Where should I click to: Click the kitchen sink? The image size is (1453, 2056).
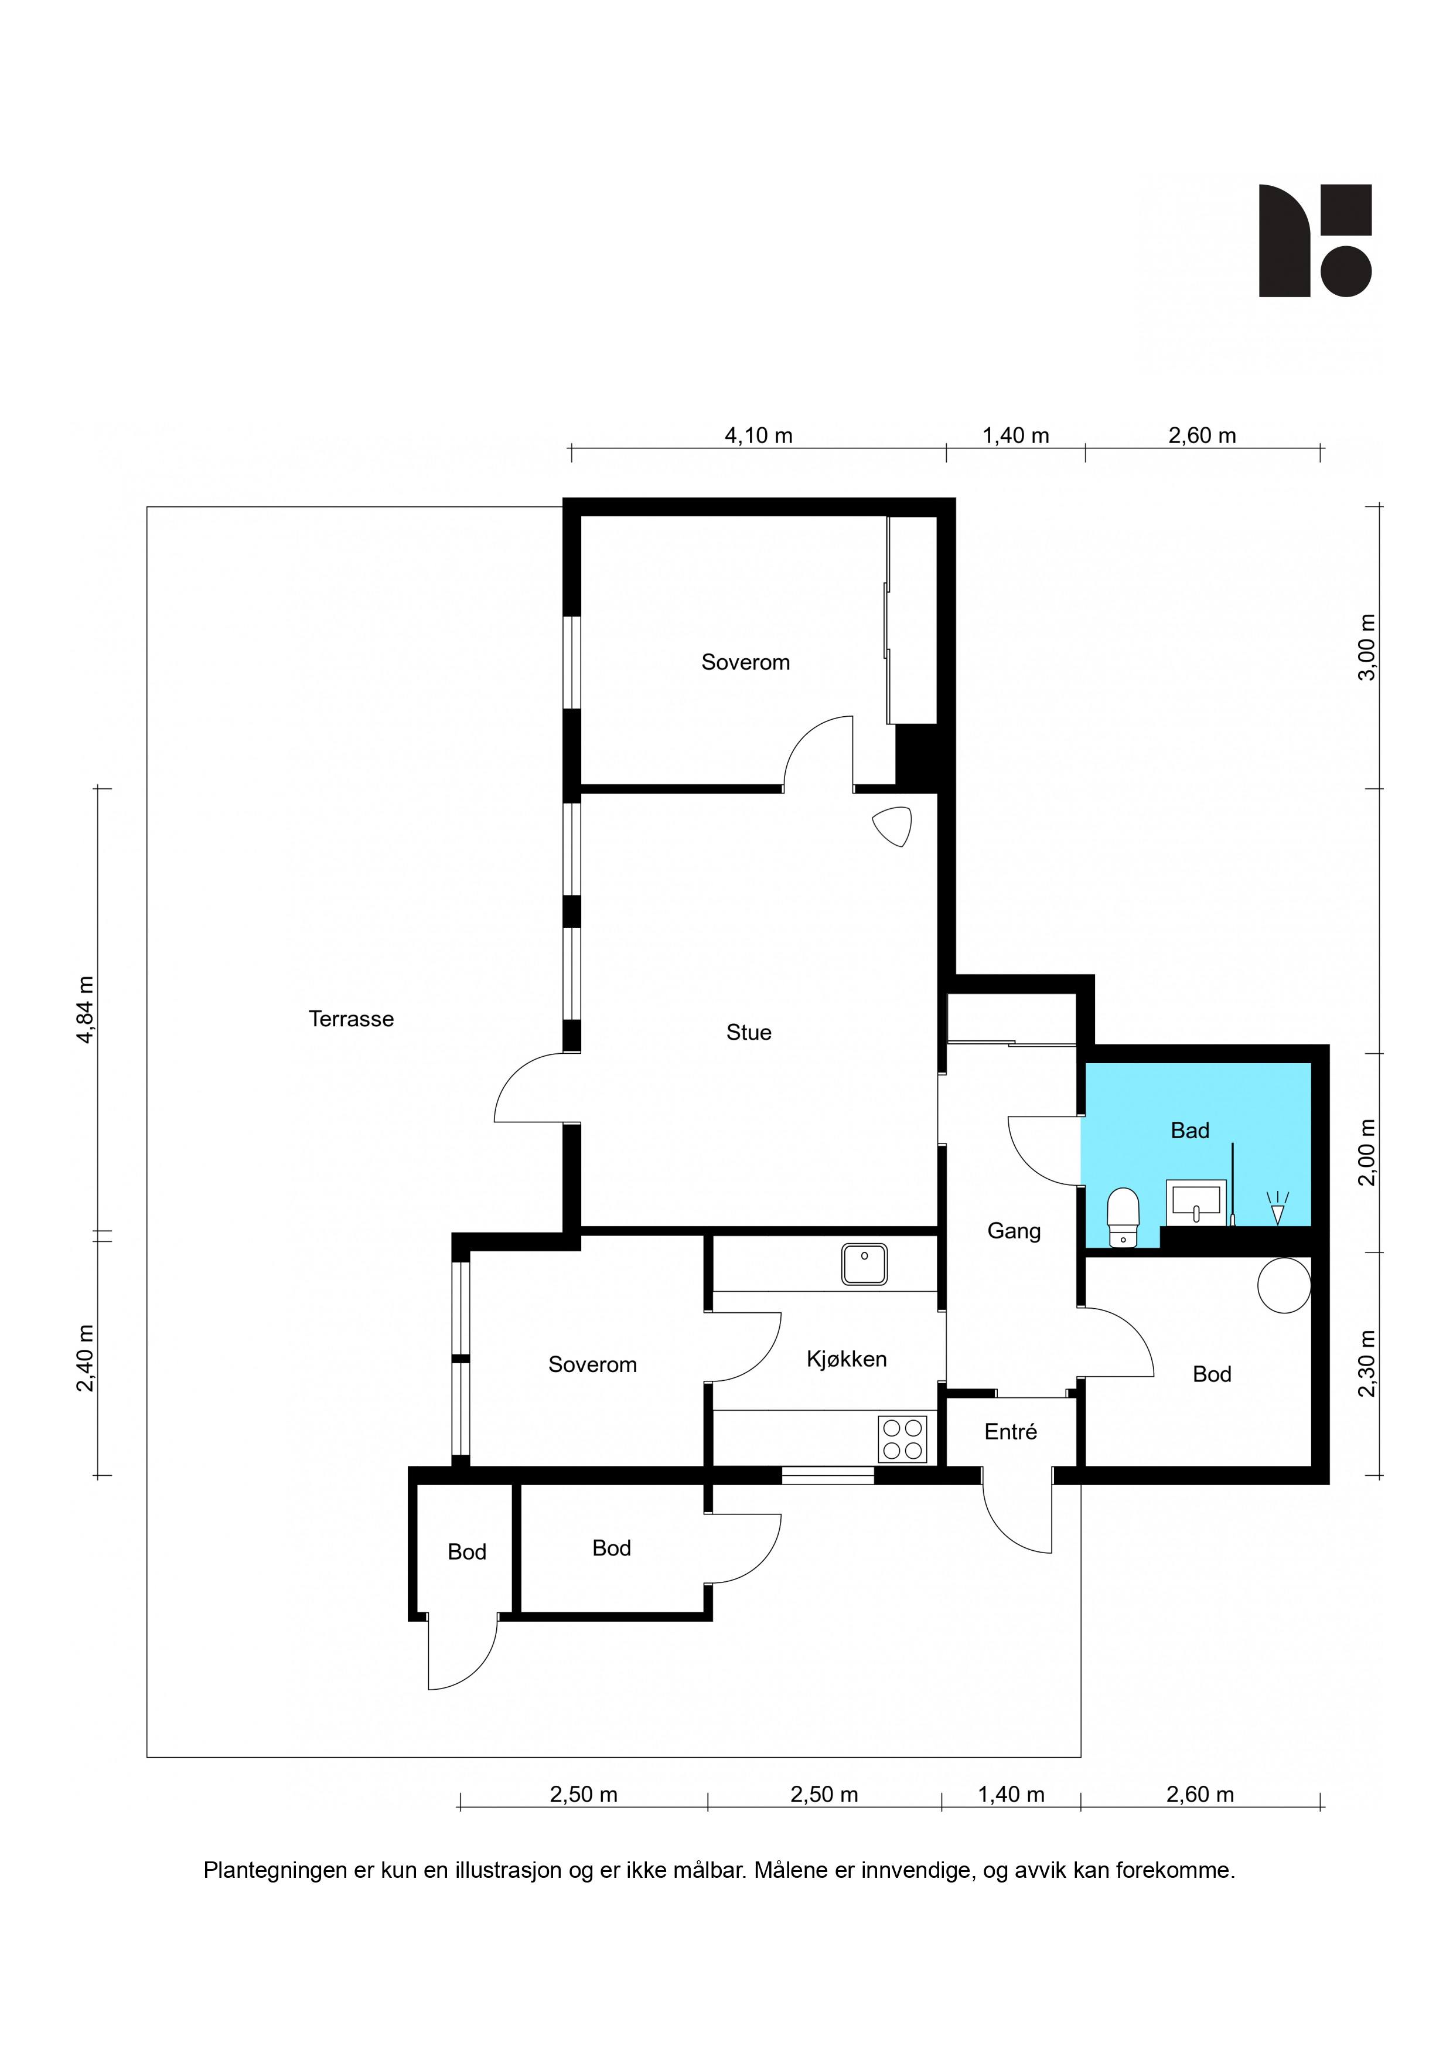click(x=864, y=1264)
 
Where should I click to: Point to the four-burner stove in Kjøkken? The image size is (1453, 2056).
click(x=902, y=1439)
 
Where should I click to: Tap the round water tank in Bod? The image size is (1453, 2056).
click(x=1284, y=1285)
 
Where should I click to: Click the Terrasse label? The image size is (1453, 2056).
click(x=351, y=1019)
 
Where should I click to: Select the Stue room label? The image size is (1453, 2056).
click(x=748, y=1033)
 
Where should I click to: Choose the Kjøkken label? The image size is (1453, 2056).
click(x=846, y=1359)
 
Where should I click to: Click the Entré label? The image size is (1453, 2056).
click(x=1011, y=1432)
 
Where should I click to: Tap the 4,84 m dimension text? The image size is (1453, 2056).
click(x=85, y=1010)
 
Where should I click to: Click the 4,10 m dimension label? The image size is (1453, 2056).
click(x=758, y=436)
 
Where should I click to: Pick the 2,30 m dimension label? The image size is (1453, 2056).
click(x=1367, y=1364)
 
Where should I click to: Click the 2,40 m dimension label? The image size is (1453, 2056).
click(x=85, y=1359)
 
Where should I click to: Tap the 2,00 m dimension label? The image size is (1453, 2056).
click(x=1367, y=1152)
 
